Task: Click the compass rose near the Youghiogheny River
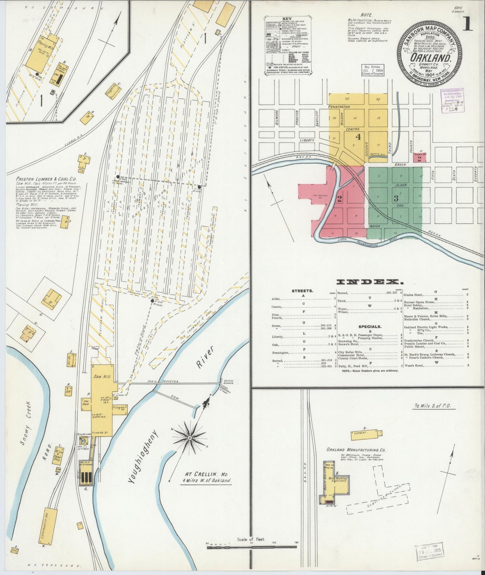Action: [190, 437]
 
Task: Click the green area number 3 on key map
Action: [396, 198]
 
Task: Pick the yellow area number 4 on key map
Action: [358, 137]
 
